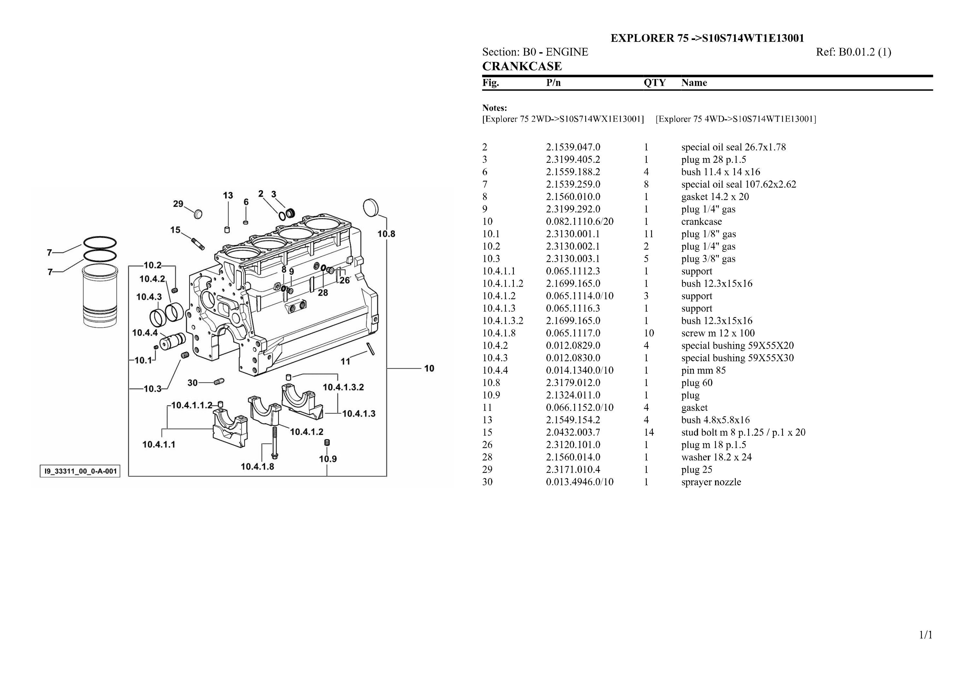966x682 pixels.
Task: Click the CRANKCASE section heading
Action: pyautogui.click(x=522, y=66)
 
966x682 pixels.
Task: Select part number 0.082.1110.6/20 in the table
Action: pyautogui.click(x=579, y=222)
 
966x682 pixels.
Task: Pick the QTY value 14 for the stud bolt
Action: pyautogui.click(x=648, y=432)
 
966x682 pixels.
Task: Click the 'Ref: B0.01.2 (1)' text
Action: pyautogui.click(x=853, y=52)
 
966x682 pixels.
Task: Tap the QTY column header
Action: pyautogui.click(x=654, y=83)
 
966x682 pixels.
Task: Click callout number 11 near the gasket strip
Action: pyautogui.click(x=345, y=361)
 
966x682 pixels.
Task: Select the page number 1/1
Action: pyautogui.click(x=926, y=635)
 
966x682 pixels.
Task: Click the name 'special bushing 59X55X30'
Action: pyautogui.click(x=737, y=358)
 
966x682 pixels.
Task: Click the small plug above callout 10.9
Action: pyautogui.click(x=327, y=442)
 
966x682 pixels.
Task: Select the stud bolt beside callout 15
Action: pyautogui.click(x=198, y=243)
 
